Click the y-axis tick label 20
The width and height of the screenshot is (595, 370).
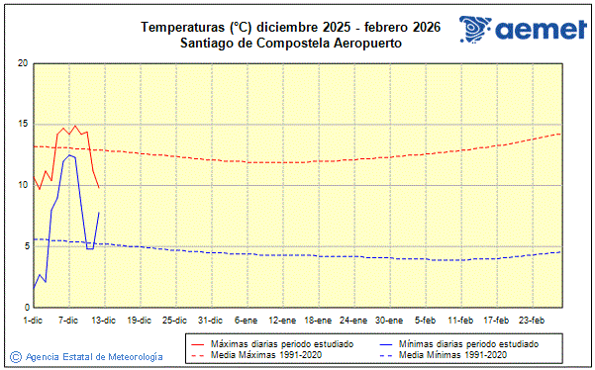21,63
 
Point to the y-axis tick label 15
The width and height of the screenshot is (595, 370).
21,125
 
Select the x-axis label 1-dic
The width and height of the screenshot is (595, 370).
33,320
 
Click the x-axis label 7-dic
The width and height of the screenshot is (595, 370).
68,320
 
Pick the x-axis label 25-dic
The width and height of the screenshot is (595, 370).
174,320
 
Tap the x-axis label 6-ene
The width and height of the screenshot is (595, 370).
246,320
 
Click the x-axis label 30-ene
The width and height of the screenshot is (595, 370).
389,320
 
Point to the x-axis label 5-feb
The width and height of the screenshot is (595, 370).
426,320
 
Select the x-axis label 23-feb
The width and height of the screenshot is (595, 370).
533,320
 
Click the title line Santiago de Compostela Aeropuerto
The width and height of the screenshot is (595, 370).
290,43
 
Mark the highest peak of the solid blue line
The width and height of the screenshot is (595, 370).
69,154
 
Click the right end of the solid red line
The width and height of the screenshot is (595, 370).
99,187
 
